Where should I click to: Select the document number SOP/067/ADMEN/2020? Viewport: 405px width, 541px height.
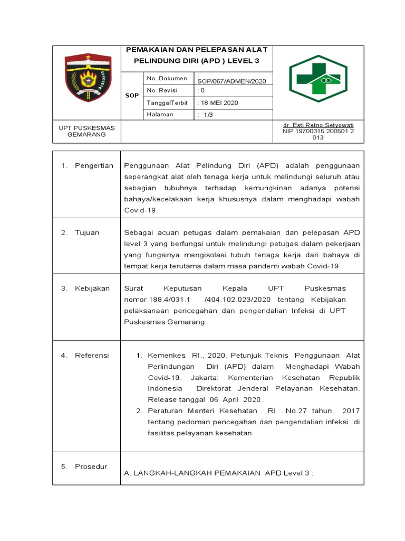[232, 81]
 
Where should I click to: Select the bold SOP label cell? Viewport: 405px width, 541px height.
[132, 96]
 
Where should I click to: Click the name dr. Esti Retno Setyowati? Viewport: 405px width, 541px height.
[318, 125]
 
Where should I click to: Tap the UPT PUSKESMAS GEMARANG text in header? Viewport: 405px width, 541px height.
[87, 131]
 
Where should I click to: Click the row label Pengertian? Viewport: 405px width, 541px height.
[94, 165]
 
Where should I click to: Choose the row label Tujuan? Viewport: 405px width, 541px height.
[87, 232]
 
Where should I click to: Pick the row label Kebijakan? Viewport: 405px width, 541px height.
[92, 288]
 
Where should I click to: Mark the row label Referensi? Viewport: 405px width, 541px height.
[92, 355]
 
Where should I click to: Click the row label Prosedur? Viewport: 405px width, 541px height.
[91, 467]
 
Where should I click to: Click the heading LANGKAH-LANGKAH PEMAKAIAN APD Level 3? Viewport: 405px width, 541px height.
[218, 473]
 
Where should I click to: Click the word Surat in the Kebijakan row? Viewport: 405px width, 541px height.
[133, 288]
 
